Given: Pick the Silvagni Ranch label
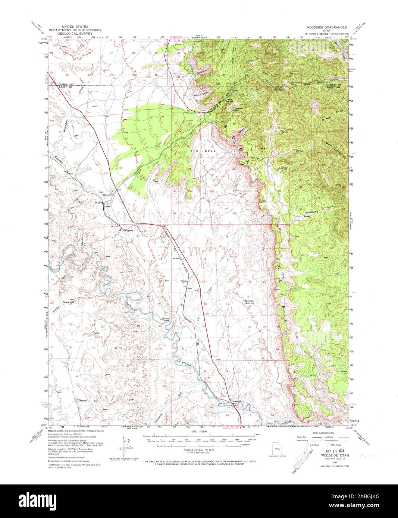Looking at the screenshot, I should pos(165,319).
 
